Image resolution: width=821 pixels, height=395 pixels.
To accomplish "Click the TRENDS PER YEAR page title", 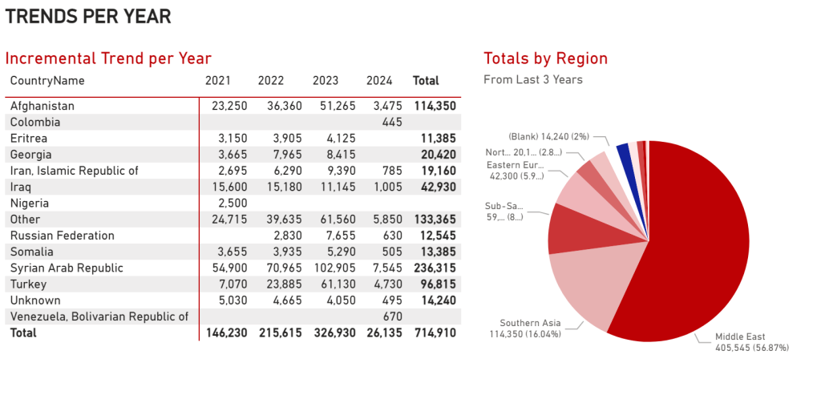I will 88,16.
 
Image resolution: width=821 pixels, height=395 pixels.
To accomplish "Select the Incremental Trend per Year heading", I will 108,58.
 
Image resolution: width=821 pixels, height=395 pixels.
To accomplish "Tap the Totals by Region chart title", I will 545,58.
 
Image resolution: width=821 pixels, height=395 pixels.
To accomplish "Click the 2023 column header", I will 326,81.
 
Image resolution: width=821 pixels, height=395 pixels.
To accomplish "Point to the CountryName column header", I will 47,81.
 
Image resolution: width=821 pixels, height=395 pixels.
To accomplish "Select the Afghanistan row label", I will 42,106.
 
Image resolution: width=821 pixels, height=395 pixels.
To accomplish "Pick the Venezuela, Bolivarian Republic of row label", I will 99,316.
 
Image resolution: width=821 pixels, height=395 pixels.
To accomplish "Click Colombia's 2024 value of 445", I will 391,122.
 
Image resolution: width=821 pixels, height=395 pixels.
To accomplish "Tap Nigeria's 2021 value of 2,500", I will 233,203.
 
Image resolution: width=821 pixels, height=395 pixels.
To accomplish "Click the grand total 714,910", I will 435,333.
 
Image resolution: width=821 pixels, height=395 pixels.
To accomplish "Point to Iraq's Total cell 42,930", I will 435,187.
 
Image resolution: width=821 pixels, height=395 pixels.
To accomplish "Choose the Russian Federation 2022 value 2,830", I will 286,236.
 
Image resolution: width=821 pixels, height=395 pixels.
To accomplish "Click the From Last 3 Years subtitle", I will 533,80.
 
